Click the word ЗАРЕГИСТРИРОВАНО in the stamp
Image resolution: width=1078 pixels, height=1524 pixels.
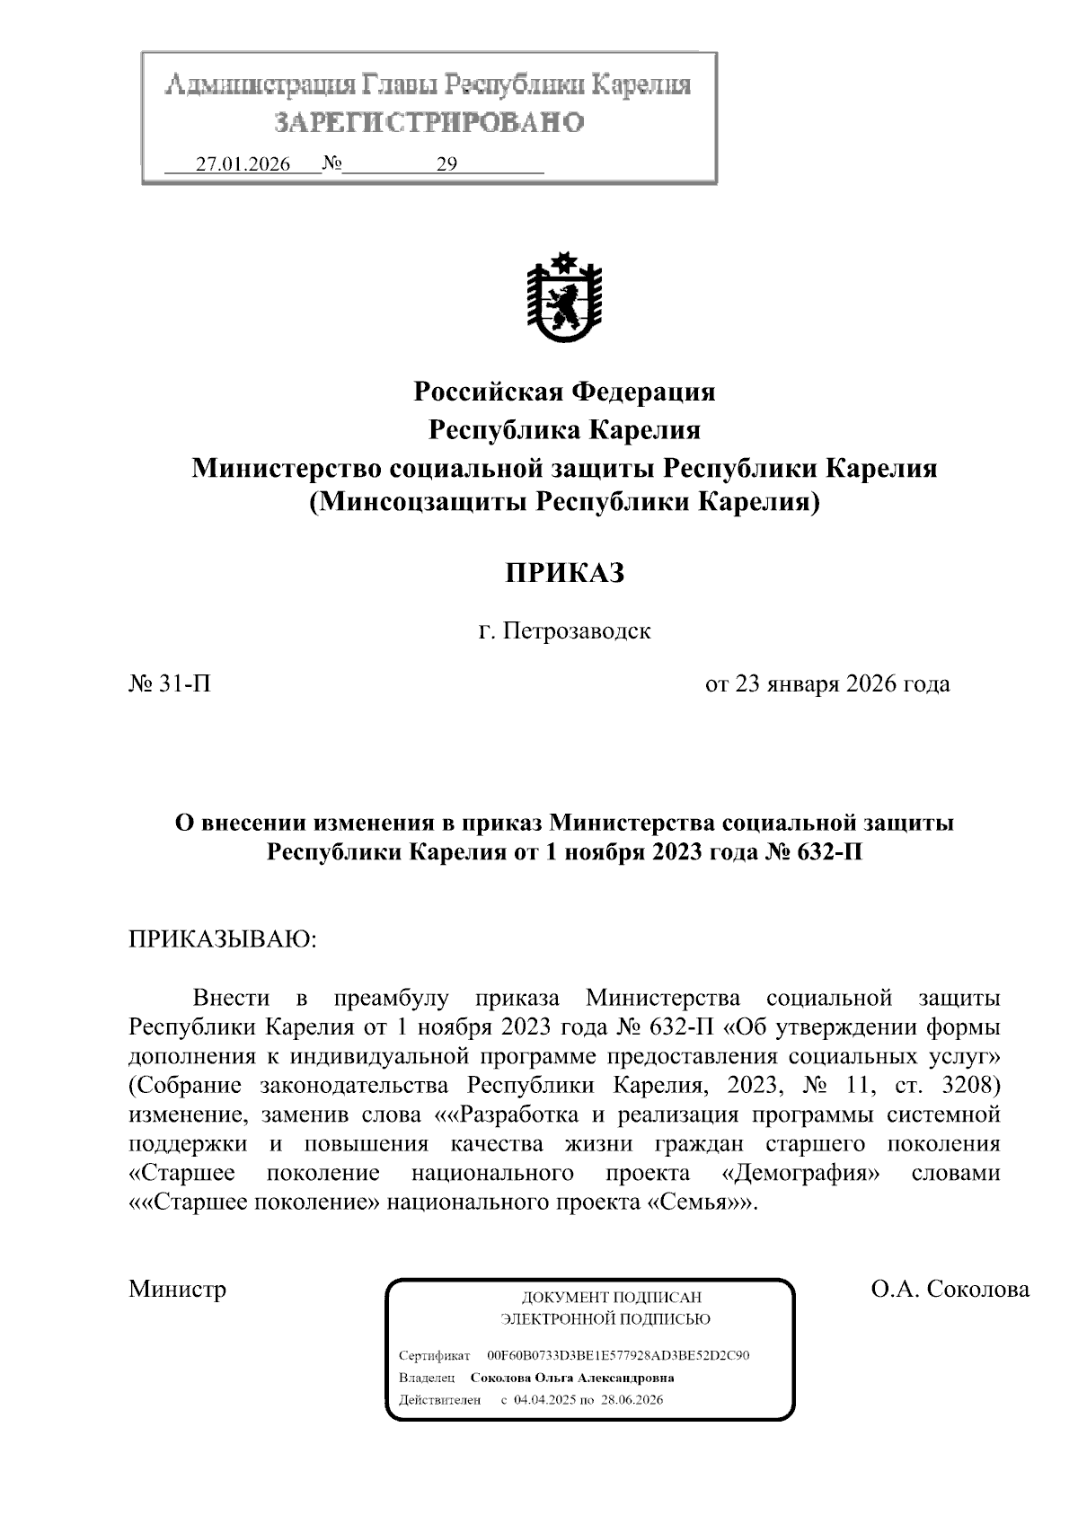[x=429, y=122]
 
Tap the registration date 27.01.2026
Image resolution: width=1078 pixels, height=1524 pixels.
[x=243, y=164]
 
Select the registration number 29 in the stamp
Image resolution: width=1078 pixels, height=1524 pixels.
[x=446, y=164]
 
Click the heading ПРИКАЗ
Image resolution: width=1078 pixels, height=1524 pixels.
[x=563, y=572]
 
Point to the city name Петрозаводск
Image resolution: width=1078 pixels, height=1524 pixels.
[x=576, y=630]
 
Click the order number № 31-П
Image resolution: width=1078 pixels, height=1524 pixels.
[x=171, y=684]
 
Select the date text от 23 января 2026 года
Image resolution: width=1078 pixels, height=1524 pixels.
[x=827, y=684]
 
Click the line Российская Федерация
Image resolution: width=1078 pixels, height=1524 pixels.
[x=563, y=392]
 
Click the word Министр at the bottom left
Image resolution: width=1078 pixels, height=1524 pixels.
[x=177, y=1290]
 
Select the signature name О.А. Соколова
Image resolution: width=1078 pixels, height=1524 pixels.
[x=950, y=1290]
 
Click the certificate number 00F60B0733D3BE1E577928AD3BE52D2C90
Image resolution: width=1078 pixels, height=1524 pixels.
[x=618, y=1355]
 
